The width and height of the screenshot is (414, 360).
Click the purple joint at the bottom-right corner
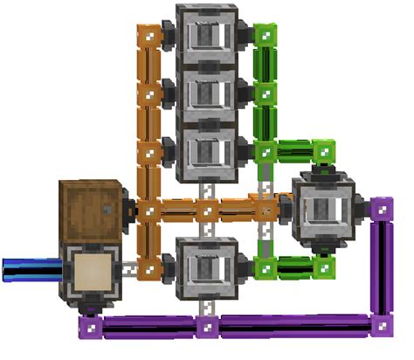380,328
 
